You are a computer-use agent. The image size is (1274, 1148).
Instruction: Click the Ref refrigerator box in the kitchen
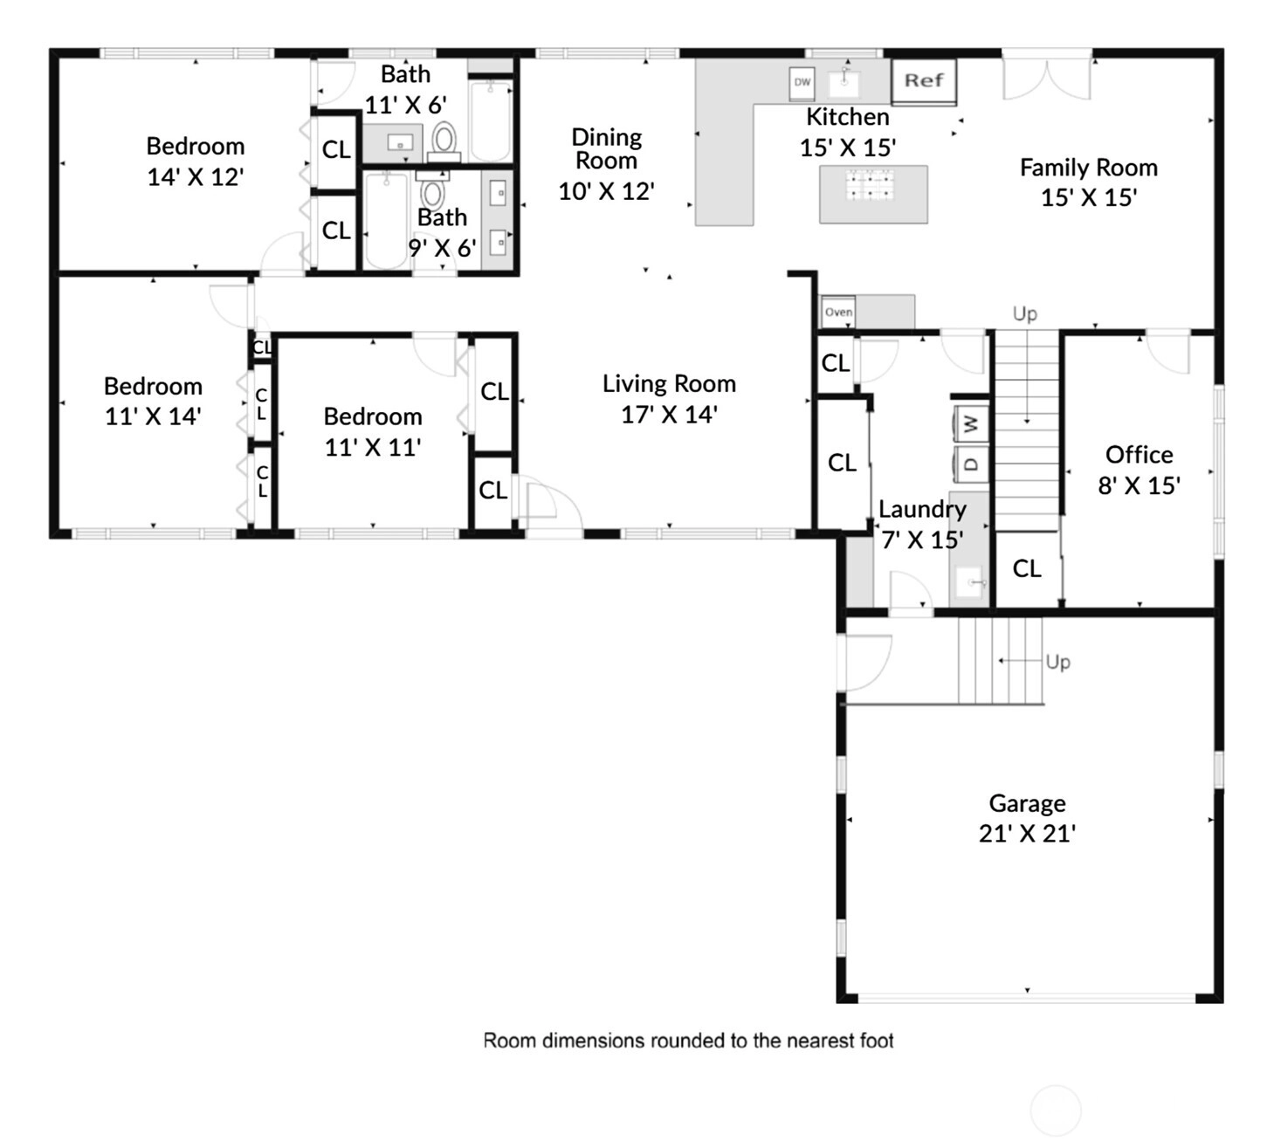tap(924, 80)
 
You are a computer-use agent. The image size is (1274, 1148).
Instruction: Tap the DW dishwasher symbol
tap(802, 83)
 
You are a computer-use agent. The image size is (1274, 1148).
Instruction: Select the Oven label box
tap(838, 312)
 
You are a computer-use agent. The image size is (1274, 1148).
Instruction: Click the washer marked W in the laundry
tap(971, 423)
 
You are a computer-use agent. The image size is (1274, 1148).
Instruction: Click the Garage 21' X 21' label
tap(1027, 819)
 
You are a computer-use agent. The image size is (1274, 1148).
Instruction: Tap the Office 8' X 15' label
tap(1139, 471)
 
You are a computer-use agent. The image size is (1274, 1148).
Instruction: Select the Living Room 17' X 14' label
tap(670, 399)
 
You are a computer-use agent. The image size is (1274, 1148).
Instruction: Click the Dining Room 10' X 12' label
tap(607, 164)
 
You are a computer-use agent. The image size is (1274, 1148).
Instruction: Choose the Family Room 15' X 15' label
tap(1089, 182)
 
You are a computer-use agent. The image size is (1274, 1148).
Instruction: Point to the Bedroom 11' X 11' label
tap(373, 432)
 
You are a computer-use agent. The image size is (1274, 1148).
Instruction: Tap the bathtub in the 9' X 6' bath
tap(386, 220)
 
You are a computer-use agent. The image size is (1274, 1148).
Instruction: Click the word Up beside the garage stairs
tap(1058, 663)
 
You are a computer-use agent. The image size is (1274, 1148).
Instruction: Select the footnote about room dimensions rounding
tap(688, 1041)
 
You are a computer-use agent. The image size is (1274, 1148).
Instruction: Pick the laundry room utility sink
tap(969, 582)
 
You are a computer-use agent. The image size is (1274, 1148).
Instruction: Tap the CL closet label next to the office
tap(1027, 569)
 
